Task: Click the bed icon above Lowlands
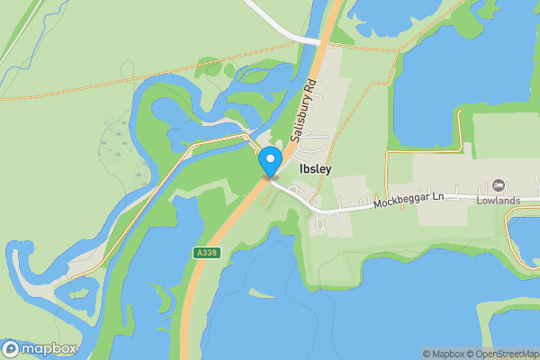pos(498,186)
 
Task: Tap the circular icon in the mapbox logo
pos(11,349)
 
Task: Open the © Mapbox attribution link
pos(443,355)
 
